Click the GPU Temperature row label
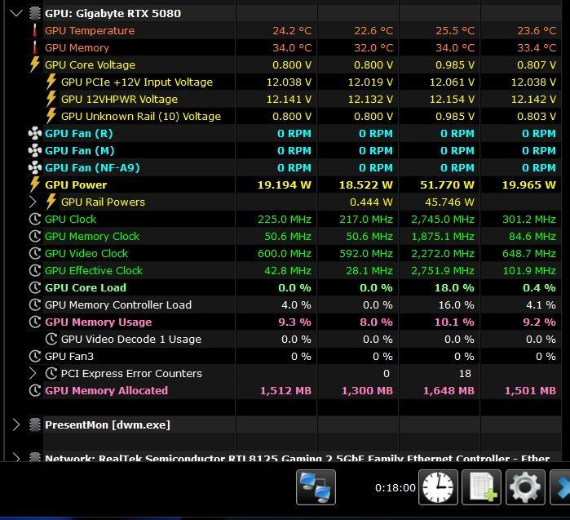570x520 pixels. coord(90,30)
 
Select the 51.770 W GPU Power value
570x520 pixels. coord(447,184)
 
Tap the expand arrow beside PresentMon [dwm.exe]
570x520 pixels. coord(16,424)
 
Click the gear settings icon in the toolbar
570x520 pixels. coord(524,487)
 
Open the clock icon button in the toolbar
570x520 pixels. coord(438,487)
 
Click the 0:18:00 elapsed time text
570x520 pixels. coord(395,487)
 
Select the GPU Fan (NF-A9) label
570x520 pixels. coord(92,167)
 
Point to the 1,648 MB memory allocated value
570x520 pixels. coord(448,390)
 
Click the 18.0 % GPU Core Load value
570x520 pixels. coord(455,287)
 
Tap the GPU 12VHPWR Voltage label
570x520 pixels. coord(119,99)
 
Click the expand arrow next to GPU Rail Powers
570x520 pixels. coord(33,202)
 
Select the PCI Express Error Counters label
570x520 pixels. coord(131,373)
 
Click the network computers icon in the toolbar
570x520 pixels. coord(316,487)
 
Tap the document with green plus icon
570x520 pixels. coord(481,487)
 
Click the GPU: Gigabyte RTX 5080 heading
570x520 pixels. coord(113,13)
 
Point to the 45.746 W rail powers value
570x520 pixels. coord(449,202)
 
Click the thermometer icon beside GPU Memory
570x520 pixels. coord(34,47)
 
